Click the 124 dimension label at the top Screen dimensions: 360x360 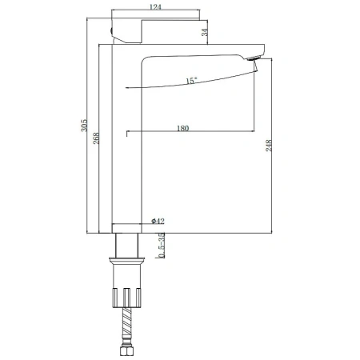[x=155, y=6]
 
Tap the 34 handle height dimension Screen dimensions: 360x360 [x=204, y=32]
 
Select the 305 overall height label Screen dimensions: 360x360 [x=84, y=125]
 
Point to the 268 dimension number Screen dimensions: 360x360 [x=96, y=138]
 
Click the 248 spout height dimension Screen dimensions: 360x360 [x=269, y=146]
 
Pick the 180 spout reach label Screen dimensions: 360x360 [x=182, y=128]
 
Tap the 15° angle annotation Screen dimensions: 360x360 [x=191, y=81]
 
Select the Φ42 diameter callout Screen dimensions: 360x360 [x=158, y=221]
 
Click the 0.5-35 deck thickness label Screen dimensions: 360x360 [x=162, y=246]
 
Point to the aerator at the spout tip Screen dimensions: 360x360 [x=253, y=58]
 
